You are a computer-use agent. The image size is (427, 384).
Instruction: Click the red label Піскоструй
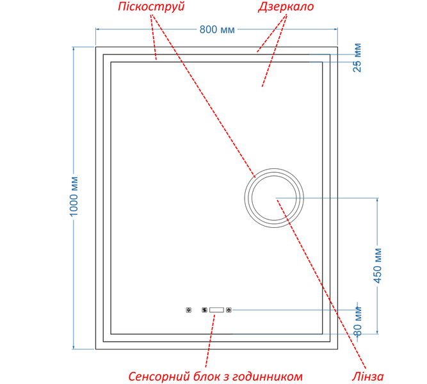pos(152,6)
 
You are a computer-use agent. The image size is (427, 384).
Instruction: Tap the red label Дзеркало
pos(286,6)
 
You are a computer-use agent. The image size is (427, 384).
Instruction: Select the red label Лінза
pos(367,376)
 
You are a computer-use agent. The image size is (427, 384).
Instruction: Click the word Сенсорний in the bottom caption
pos(159,377)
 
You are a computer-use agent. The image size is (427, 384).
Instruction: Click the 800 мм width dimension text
pos(217,29)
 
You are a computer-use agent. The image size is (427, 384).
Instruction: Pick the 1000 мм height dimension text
pos(74,196)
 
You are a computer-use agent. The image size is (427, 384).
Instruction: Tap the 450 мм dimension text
pos(378,266)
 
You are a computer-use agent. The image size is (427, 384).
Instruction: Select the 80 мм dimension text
pos(358,321)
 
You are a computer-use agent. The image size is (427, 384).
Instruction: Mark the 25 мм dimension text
pos(357,58)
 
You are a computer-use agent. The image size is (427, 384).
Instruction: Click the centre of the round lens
pos(274,198)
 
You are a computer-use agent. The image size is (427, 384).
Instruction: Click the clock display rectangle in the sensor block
pos(216,310)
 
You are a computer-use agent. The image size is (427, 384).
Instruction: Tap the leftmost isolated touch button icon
pos(188,310)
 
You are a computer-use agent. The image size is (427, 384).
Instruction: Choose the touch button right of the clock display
pos(229,310)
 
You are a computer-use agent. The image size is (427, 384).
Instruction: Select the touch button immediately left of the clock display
pos(204,310)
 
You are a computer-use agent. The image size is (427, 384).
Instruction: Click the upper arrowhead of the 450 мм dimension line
pos(377,199)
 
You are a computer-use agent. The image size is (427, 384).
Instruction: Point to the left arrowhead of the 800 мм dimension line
pos(97,29)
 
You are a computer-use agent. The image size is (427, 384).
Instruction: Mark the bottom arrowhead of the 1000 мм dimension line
pos(74,348)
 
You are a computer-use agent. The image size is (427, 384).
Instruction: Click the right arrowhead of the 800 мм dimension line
pos(337,29)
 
